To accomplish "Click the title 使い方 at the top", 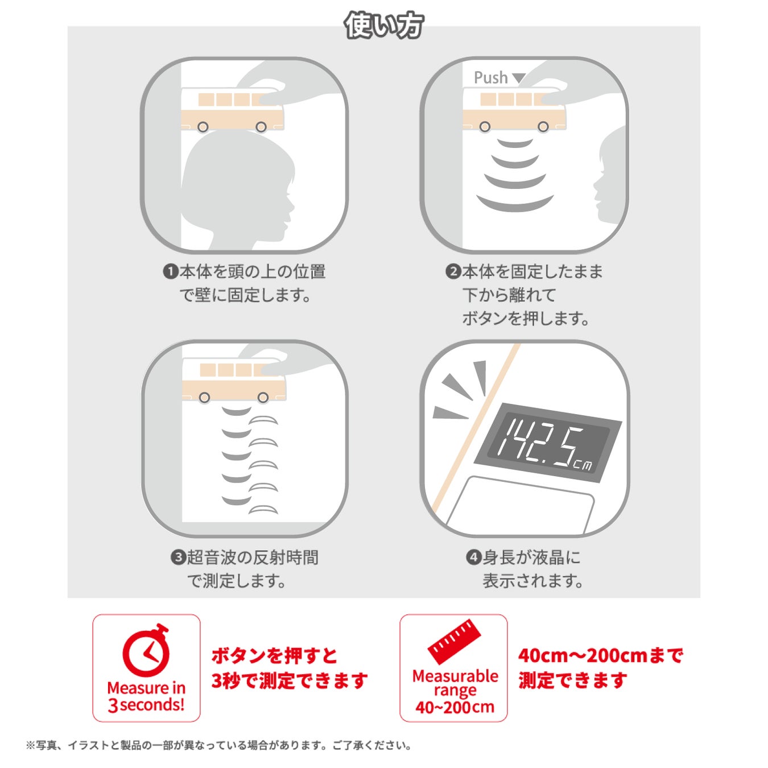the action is pyautogui.click(x=384, y=26).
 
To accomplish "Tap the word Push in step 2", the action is pyautogui.click(x=490, y=77).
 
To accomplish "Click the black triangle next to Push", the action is pyautogui.click(x=519, y=78).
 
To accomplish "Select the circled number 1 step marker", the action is pyautogui.click(x=171, y=272).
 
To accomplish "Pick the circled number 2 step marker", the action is pyautogui.click(x=453, y=272).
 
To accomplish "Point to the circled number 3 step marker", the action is pyautogui.click(x=177, y=557).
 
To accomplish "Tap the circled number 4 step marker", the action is pyautogui.click(x=473, y=557).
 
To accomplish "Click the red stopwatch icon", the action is pyautogui.click(x=147, y=651).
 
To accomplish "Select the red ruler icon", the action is pyautogui.click(x=454, y=642).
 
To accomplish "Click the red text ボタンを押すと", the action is pyautogui.click(x=275, y=655).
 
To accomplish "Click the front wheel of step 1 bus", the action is pyautogui.click(x=261, y=127).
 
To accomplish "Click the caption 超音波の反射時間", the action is pyautogui.click(x=253, y=557).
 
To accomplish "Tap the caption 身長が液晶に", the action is pyautogui.click(x=531, y=557).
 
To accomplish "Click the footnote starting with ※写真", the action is pyautogui.click(x=219, y=745).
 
